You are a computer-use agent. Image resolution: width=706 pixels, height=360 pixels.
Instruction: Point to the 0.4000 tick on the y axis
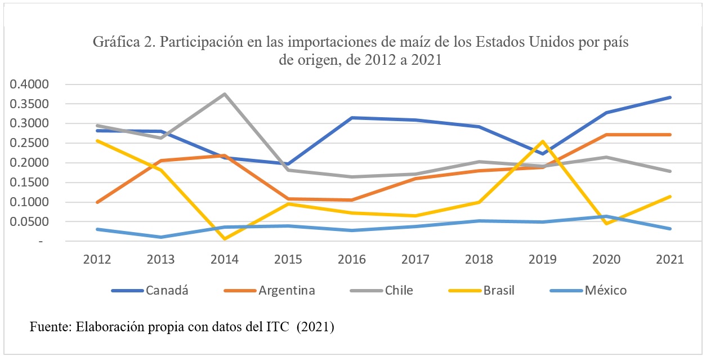pos(34,85)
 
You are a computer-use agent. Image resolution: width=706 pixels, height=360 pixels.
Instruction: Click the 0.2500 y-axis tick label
pos(34,143)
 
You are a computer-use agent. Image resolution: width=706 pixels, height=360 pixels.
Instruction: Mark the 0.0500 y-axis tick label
pos(34,222)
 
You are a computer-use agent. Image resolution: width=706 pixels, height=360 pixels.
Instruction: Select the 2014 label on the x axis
pos(224,259)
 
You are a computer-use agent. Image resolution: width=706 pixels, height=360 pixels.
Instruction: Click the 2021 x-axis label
pos(669,259)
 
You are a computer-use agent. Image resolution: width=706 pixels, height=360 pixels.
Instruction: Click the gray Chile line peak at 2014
pos(225,94)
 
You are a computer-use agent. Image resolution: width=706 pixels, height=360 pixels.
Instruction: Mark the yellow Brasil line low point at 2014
pos(225,239)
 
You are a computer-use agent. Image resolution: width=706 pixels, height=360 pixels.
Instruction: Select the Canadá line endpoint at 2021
pos(670,97)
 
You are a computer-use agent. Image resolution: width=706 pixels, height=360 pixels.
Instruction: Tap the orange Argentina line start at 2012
pos(97,202)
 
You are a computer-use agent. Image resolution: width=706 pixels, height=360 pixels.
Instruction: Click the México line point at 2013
pos(161,237)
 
